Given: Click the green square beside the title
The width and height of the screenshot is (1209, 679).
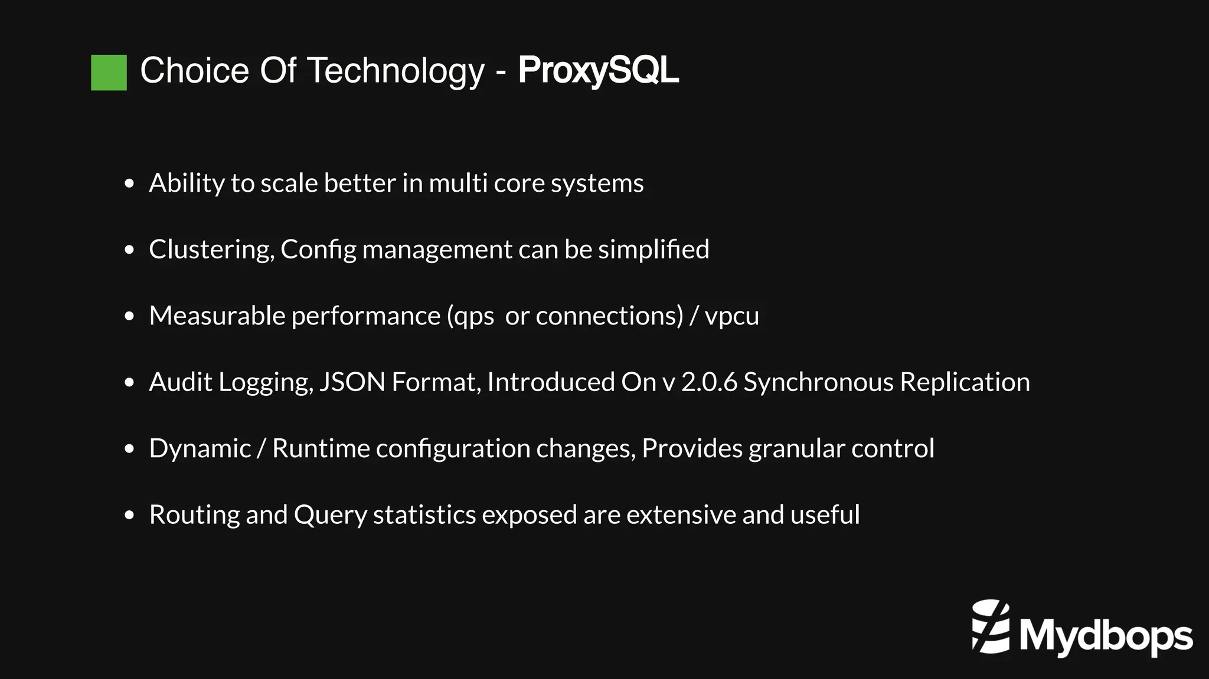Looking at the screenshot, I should [x=109, y=73].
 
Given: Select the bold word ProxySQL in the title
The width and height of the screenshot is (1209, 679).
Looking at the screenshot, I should [x=598, y=71].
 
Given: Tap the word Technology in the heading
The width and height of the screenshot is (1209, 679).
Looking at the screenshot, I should [x=396, y=71].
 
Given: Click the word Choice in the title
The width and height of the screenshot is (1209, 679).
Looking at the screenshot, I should [x=195, y=71].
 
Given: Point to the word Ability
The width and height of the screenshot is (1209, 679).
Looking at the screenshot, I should [x=187, y=183].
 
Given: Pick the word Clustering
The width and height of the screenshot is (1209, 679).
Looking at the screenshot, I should [x=211, y=250].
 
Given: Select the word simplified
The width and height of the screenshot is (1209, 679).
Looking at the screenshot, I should [x=653, y=250].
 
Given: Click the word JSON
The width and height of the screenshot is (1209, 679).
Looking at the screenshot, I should [x=352, y=382].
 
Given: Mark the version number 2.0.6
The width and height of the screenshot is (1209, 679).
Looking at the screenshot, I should [x=709, y=382].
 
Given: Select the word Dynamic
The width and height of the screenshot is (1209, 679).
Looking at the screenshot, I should [x=200, y=449].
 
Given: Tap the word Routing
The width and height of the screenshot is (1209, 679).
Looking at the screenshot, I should [x=194, y=515].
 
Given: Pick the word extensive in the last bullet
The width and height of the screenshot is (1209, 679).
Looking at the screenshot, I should [x=681, y=515].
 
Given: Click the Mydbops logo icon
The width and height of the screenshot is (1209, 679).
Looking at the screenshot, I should [x=991, y=626].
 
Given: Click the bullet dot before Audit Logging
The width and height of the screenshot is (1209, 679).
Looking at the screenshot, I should [x=130, y=383].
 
